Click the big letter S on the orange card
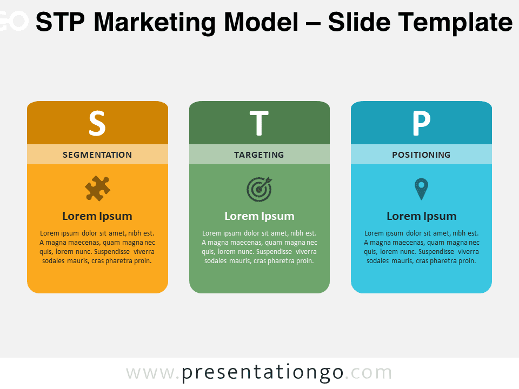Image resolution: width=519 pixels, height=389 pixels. click(97, 123)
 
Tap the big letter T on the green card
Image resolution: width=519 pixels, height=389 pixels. click(259, 123)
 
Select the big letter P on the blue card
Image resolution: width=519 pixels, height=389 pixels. click(421, 123)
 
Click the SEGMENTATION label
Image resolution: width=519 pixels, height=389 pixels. click(97, 155)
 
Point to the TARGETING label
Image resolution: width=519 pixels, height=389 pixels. click(259, 155)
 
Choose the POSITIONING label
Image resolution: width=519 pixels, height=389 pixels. click(421, 155)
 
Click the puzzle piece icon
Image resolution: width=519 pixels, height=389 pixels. click(97, 188)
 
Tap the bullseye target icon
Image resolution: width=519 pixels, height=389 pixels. click(259, 189)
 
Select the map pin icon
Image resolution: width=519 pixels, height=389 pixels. click(421, 189)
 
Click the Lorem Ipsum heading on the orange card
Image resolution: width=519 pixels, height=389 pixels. click(97, 216)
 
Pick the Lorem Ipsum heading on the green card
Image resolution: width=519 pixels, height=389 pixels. click(259, 216)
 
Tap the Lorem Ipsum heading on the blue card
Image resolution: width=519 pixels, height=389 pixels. click(422, 216)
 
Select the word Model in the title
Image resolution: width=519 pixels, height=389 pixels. click(262, 22)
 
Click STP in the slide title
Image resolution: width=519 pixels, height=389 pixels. click(60, 22)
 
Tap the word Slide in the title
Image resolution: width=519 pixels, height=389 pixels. click(359, 22)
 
